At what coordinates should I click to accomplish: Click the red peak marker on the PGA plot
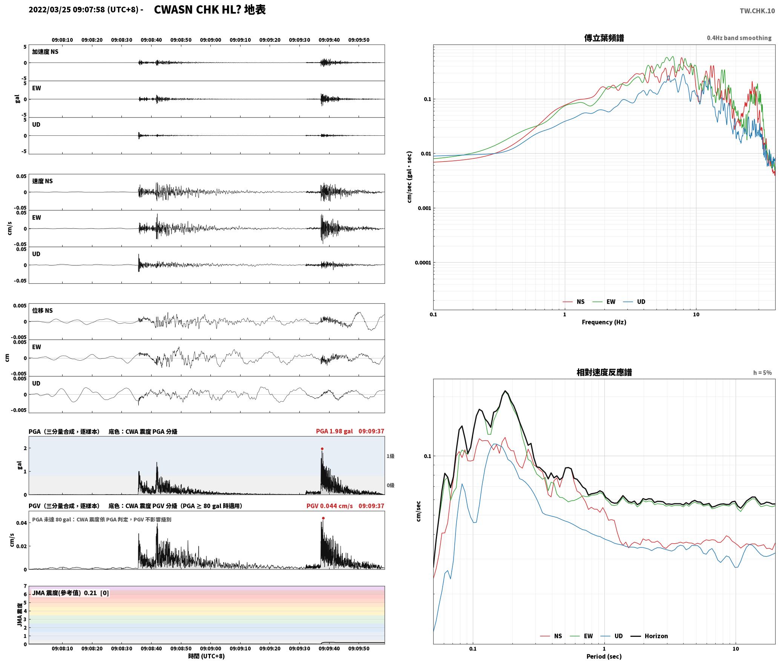(x=322, y=449)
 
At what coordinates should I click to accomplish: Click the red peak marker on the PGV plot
(x=323, y=518)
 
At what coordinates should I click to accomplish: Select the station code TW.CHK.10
(x=757, y=11)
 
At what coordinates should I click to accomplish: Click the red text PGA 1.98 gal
(x=334, y=431)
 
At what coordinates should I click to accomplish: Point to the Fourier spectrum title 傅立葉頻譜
(x=604, y=38)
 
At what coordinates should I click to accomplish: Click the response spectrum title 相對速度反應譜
(x=604, y=372)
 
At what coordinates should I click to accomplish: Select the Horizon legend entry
(x=649, y=636)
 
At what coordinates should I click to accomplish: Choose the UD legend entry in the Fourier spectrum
(x=634, y=302)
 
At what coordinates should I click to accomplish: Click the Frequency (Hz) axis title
(x=604, y=322)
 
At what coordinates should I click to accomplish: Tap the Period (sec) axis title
(x=604, y=657)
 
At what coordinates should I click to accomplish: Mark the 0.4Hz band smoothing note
(x=739, y=38)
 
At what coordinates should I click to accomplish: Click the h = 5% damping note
(x=762, y=373)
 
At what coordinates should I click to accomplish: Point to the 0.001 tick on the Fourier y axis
(x=424, y=208)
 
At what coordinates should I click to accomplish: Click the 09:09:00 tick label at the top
(x=210, y=40)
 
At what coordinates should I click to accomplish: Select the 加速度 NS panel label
(x=45, y=52)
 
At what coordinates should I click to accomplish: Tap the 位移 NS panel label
(x=42, y=310)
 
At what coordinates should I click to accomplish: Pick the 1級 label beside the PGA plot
(x=390, y=456)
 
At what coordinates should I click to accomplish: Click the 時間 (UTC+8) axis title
(x=207, y=656)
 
